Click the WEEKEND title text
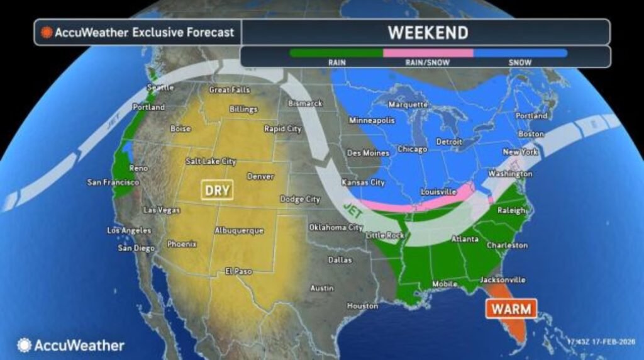[427, 32]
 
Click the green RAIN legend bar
[336, 53]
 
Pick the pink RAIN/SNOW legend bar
[428, 53]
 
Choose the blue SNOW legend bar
[520, 53]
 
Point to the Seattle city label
[160, 87]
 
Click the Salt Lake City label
[211, 162]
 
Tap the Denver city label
[260, 177]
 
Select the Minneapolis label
[372, 120]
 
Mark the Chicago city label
[412, 149]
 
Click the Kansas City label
[362, 183]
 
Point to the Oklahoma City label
[336, 227]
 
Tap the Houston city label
[362, 306]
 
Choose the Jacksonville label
[502, 279]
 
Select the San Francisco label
[113, 183]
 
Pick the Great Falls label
[229, 90]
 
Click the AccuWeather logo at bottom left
[71, 345]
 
